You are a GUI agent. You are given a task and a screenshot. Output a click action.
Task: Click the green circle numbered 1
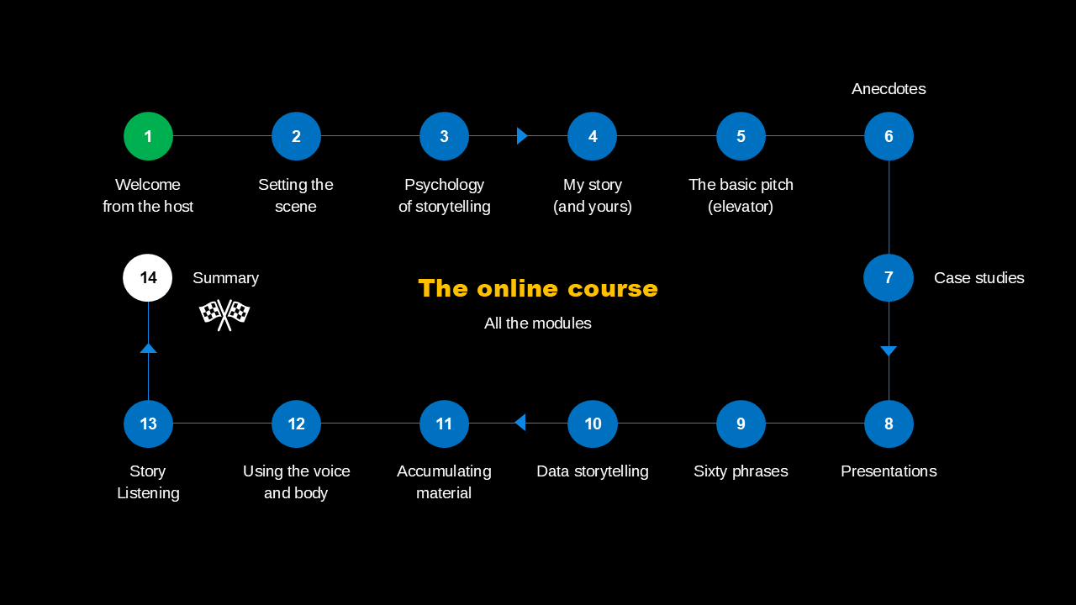coord(148,136)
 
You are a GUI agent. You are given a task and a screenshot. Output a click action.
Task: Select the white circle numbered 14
coord(148,277)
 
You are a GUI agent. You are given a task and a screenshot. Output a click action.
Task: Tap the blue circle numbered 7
coord(889,277)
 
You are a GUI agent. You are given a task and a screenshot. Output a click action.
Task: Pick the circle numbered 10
coord(593,423)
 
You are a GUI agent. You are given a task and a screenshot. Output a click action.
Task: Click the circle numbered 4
coord(593,136)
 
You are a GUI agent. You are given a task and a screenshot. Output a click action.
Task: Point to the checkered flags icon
coord(224,314)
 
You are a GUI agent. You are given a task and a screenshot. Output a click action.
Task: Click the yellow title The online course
coord(538,288)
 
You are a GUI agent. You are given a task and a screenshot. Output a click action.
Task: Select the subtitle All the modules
coord(538,324)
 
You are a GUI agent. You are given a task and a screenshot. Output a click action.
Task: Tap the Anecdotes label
coord(889,89)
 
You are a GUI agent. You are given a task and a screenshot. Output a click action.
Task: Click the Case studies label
coord(978,278)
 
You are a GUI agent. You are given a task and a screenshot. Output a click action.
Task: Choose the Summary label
coord(225,278)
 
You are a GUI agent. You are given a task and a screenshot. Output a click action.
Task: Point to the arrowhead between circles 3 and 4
coord(522,136)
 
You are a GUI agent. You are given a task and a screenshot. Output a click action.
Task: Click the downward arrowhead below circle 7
coord(889,350)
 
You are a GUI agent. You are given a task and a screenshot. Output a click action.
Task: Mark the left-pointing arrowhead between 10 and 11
coord(520,423)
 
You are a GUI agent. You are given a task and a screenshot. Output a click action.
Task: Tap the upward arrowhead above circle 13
coord(148,348)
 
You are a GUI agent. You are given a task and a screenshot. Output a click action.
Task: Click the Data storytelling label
coord(593,471)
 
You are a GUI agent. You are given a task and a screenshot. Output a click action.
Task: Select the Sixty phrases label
coord(741,471)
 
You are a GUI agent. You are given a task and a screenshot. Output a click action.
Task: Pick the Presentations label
coord(889,471)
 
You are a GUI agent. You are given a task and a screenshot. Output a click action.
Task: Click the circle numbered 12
coord(296,423)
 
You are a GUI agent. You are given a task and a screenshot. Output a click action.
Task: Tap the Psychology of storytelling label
coord(444,196)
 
